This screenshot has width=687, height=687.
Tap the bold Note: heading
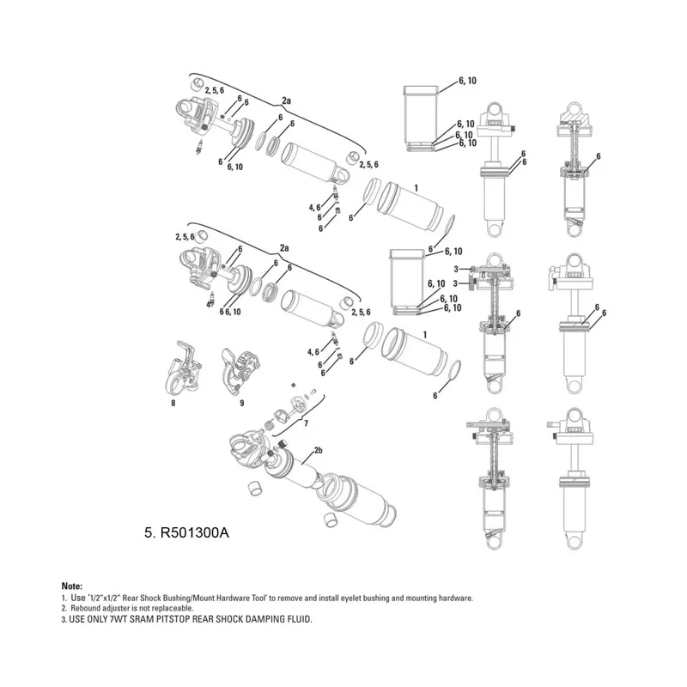(x=73, y=586)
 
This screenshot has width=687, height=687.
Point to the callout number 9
(x=242, y=402)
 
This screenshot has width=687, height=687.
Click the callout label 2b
(x=318, y=450)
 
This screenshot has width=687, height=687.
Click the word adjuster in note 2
(x=117, y=608)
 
